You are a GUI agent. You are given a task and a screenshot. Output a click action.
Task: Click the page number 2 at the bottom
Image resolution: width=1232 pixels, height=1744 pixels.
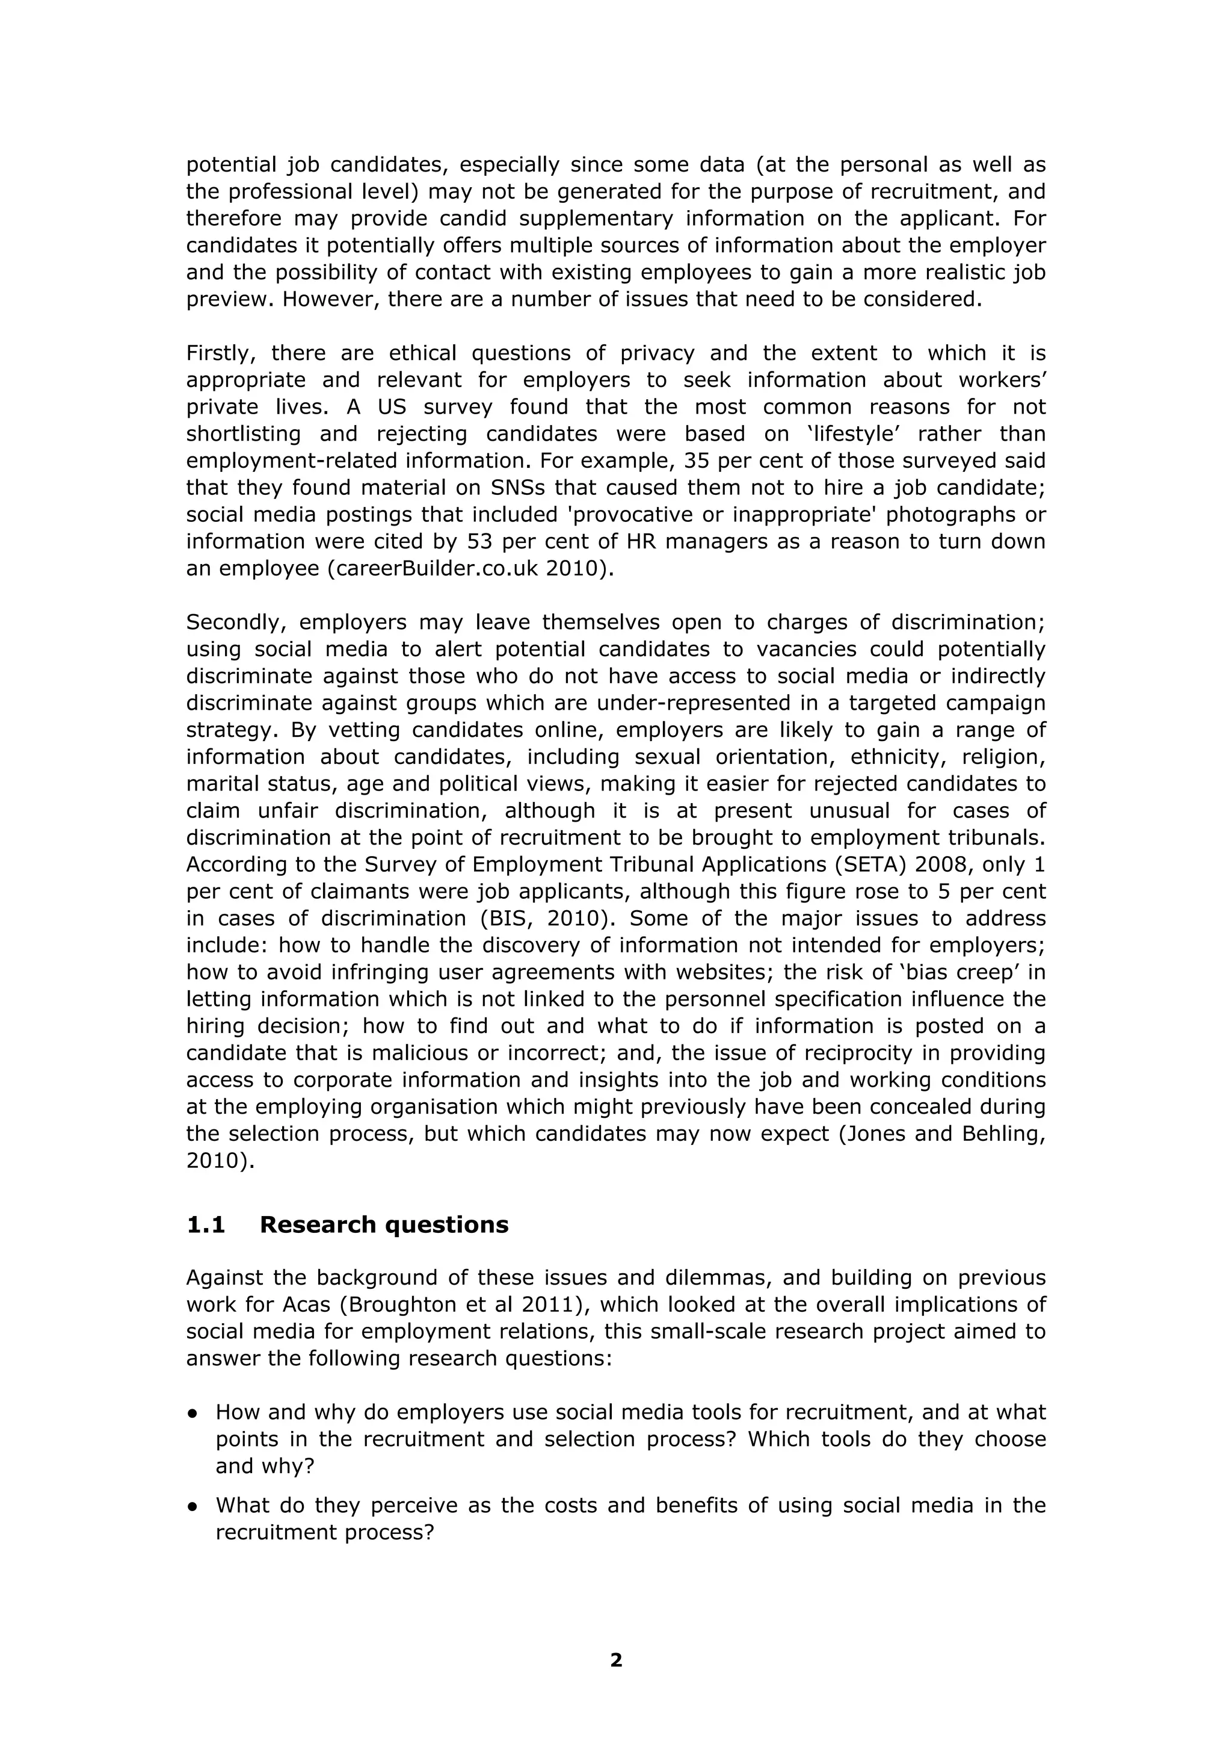click(x=615, y=1660)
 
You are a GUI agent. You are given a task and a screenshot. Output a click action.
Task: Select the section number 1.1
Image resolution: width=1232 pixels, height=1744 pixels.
click(x=206, y=1224)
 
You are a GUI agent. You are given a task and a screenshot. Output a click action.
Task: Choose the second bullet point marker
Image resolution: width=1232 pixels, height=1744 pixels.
click(x=193, y=1505)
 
